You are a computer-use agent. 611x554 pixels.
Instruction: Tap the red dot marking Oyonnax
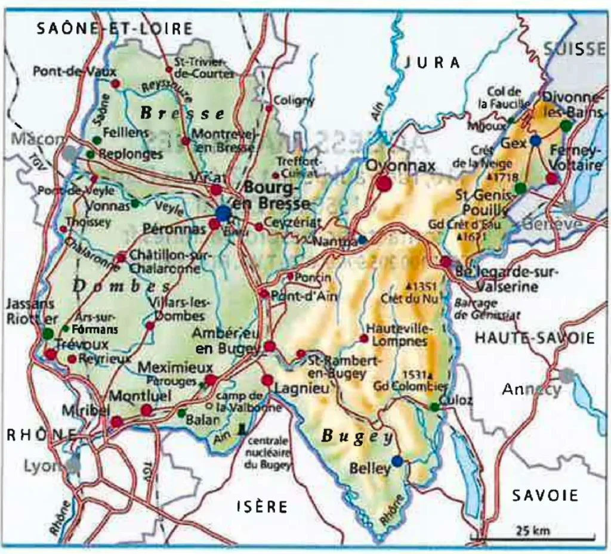pyautogui.click(x=384, y=183)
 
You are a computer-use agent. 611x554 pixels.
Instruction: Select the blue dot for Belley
pyautogui.click(x=398, y=461)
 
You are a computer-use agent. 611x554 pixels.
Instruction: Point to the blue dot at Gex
pyautogui.click(x=536, y=141)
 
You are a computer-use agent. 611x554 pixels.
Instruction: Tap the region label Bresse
pyautogui.click(x=183, y=113)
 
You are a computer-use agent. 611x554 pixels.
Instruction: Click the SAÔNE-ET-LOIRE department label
pyautogui.click(x=115, y=28)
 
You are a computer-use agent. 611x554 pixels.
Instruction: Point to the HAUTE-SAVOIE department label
pyautogui.click(x=535, y=338)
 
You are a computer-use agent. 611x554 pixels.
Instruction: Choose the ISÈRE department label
pyautogui.click(x=263, y=507)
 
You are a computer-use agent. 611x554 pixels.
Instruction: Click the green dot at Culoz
pyautogui.click(x=434, y=407)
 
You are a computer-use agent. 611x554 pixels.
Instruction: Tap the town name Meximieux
pyautogui.click(x=167, y=367)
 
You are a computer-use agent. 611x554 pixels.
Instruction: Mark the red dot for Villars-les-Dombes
pyautogui.click(x=150, y=326)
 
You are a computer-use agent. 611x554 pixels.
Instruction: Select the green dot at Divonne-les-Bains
pyautogui.click(x=566, y=126)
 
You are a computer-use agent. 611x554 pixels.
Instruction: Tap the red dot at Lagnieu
pyautogui.click(x=267, y=380)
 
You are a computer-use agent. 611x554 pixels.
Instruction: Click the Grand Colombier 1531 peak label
pyautogui.click(x=411, y=380)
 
